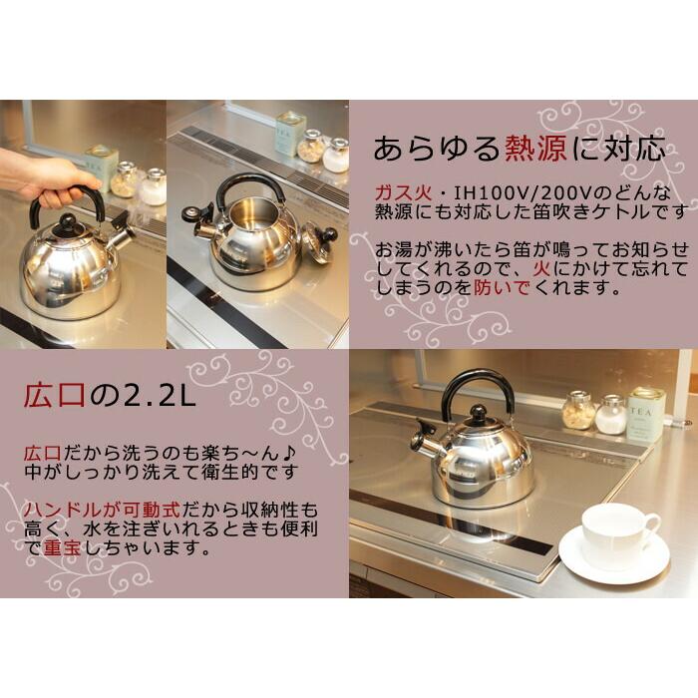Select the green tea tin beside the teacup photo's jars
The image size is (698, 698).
click(645, 416)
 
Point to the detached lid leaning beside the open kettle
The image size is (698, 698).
click(319, 243)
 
